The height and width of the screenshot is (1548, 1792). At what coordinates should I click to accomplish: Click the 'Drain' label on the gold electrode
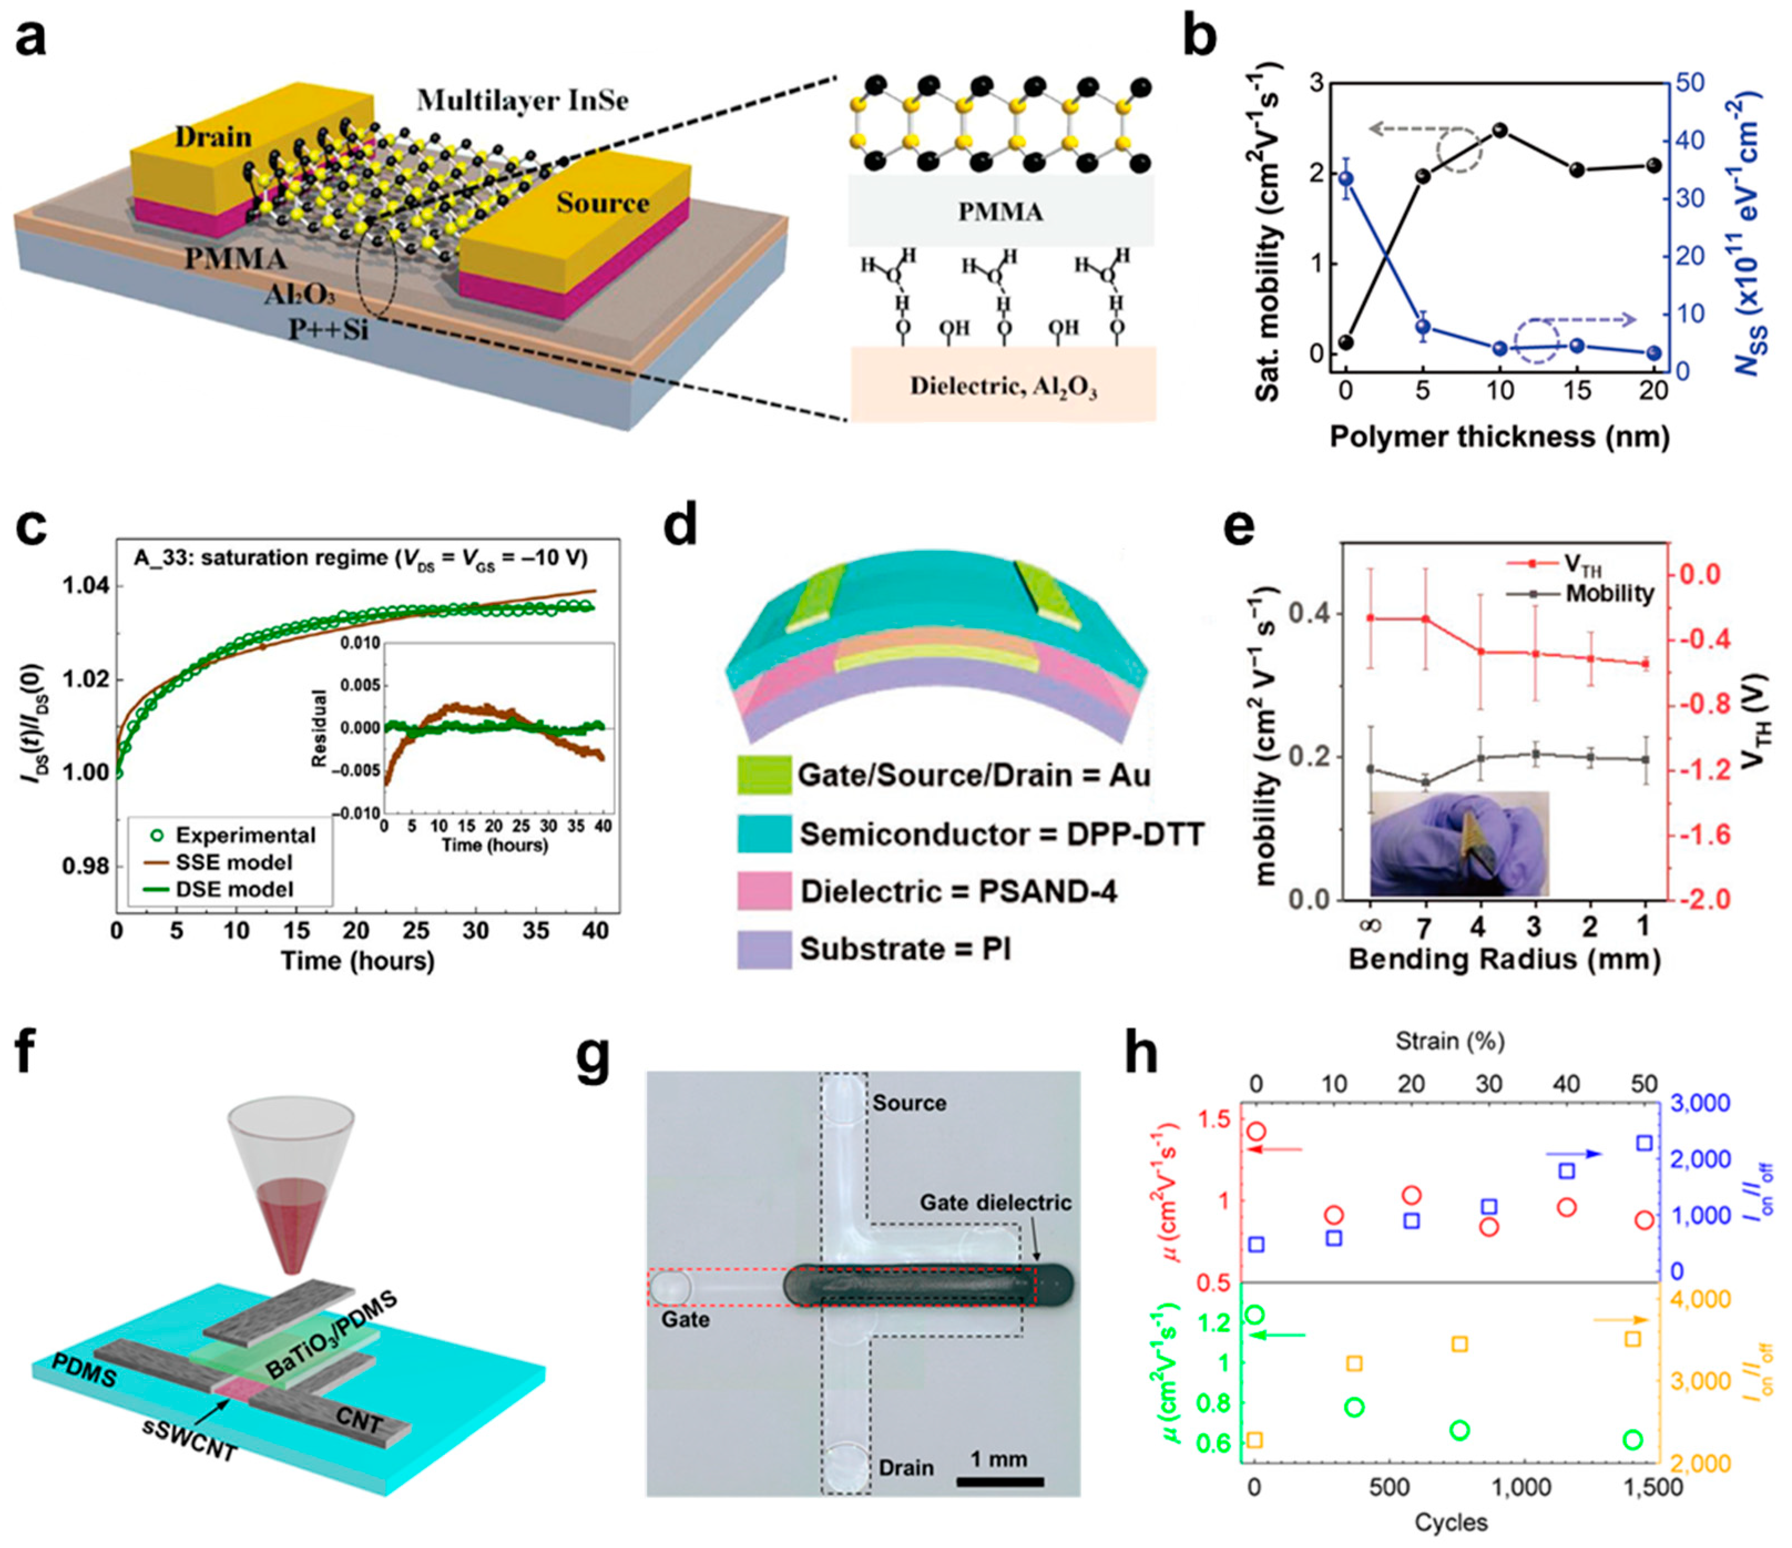pos(213,137)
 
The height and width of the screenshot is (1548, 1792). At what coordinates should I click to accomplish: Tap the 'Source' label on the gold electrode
pos(603,203)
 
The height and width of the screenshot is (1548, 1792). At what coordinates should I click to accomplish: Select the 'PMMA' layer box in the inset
pos(1000,211)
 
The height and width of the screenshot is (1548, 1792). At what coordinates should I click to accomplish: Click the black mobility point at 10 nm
pos(1500,130)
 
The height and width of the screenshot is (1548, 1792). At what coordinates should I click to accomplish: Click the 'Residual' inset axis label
pos(320,727)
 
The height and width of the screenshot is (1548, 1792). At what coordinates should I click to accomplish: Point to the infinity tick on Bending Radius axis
pos(1371,926)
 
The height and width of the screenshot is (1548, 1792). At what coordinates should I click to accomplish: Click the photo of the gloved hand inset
pos(1458,843)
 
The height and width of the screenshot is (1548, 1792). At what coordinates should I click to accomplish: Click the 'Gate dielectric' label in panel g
pos(994,1203)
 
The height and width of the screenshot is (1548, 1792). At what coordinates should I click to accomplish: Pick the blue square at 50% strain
pos(1644,1143)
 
